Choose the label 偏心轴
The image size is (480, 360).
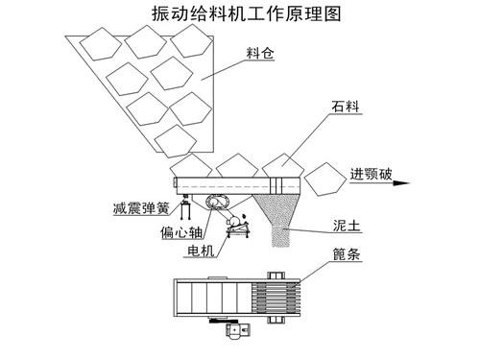(173, 231)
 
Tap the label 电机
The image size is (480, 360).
(196, 254)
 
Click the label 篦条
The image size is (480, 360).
(344, 255)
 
